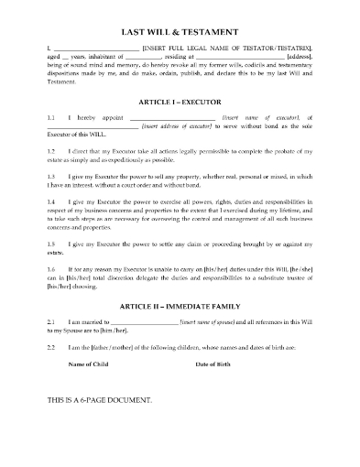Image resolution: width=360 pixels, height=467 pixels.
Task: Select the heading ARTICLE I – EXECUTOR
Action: [180, 103]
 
